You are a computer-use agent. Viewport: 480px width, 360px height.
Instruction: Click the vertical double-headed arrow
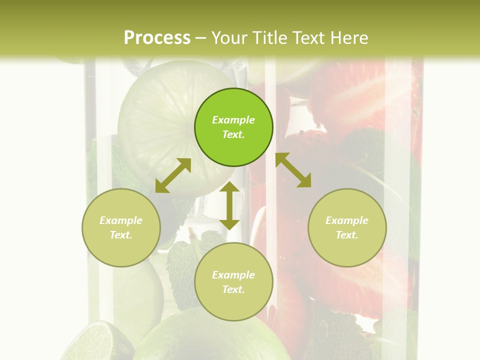point(229,205)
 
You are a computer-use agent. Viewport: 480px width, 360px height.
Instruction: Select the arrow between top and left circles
point(173,175)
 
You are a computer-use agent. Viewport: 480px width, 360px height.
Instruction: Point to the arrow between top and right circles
point(293,170)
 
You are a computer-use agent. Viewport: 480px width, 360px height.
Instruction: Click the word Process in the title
point(157,37)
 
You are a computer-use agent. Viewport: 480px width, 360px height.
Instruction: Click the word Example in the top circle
point(233,120)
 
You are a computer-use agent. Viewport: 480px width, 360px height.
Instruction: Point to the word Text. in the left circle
point(121,235)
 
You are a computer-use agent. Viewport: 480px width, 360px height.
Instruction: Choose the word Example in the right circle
point(347,220)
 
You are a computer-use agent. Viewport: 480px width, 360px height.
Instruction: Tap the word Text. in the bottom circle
point(233,289)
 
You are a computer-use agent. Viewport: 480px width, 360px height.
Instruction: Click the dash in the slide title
point(200,38)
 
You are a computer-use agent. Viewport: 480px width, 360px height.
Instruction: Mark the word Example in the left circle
point(121,220)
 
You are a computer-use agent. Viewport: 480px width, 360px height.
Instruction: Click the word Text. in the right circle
point(347,235)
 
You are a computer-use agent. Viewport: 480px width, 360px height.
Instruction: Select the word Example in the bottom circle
point(233,275)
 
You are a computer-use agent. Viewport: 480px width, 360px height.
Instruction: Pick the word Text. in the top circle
point(233,134)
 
